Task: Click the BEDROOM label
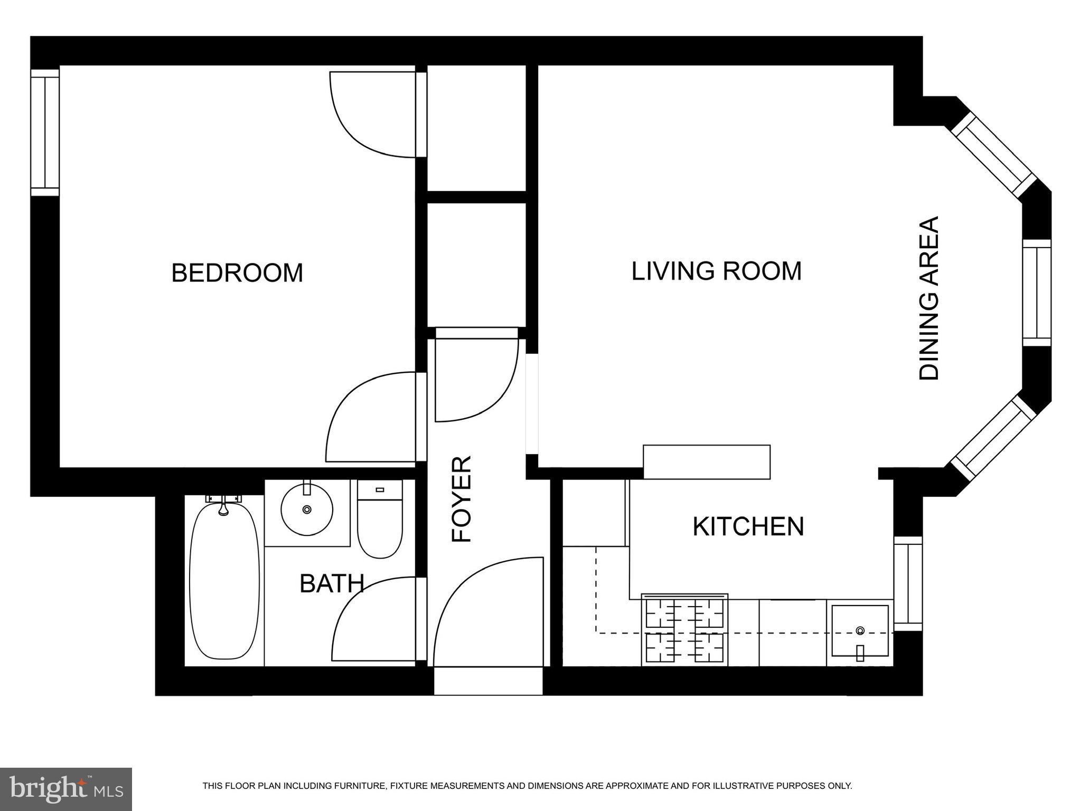click(x=237, y=273)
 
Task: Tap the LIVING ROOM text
click(x=717, y=271)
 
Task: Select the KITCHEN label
click(x=748, y=526)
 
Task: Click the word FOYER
click(x=461, y=499)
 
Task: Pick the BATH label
click(x=332, y=583)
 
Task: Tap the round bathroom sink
click(x=307, y=509)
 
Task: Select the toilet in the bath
click(x=380, y=518)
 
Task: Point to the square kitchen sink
click(x=860, y=631)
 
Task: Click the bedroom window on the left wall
click(x=45, y=133)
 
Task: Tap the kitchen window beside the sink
click(x=908, y=583)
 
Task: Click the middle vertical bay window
click(x=1037, y=293)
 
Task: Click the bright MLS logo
click(x=66, y=789)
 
